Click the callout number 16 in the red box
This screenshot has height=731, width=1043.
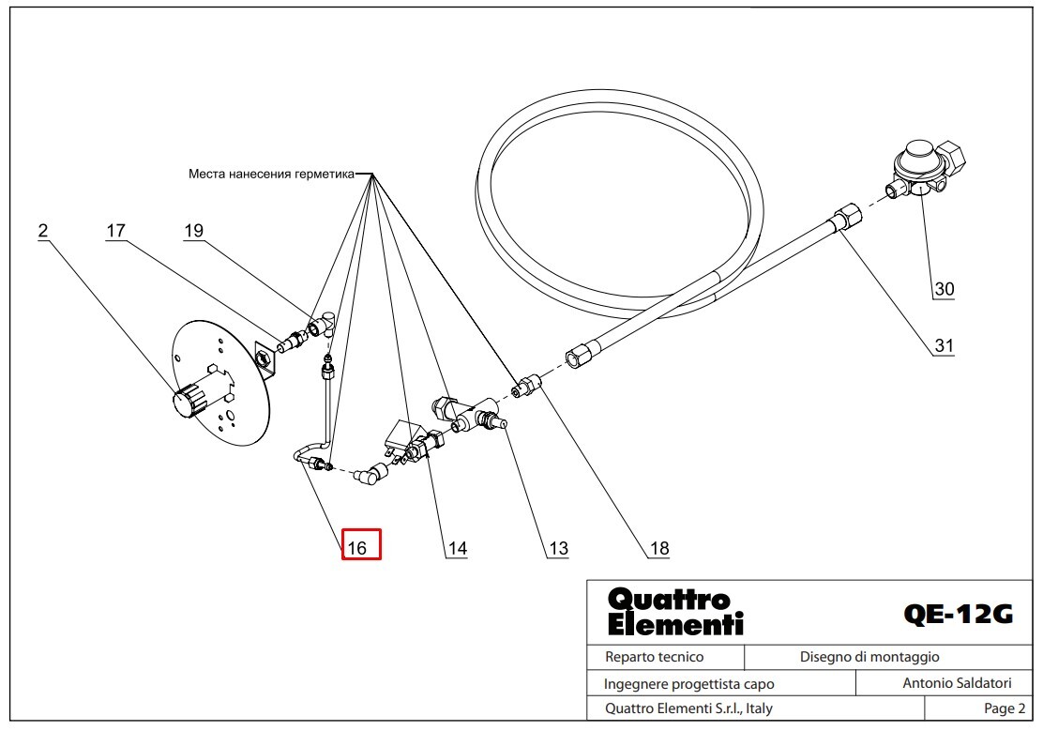click(x=361, y=545)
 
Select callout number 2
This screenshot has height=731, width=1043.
click(x=43, y=231)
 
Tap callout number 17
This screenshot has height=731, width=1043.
click(x=115, y=231)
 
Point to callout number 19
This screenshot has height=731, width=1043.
click(x=193, y=231)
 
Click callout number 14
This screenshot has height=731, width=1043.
click(x=456, y=549)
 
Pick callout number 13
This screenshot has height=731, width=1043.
click(x=558, y=549)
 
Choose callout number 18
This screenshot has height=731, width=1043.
click(x=659, y=549)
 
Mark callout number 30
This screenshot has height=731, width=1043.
click(x=944, y=289)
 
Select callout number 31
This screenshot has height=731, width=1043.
click(x=944, y=346)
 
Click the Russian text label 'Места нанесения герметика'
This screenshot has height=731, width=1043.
click(x=271, y=174)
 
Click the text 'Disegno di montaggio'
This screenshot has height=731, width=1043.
click(x=869, y=657)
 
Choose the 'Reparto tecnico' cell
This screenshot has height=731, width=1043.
click(x=654, y=657)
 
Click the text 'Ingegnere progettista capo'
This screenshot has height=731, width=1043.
click(x=688, y=684)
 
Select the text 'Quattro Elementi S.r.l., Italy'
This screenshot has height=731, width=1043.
click(x=688, y=708)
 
